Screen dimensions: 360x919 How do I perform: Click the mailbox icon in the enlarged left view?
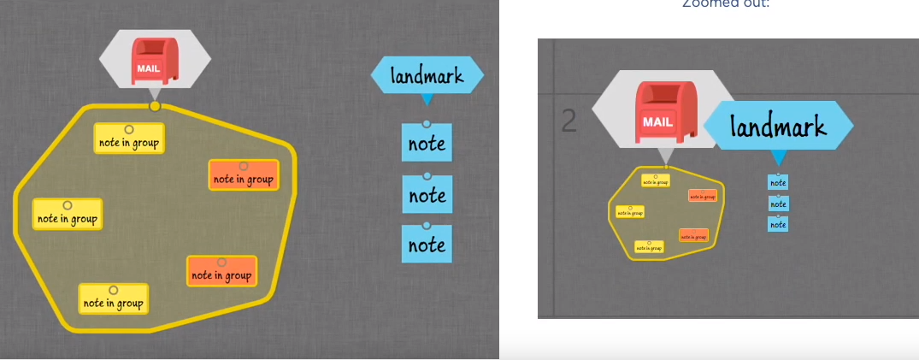tap(155, 62)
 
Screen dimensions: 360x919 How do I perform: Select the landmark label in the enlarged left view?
tap(427, 75)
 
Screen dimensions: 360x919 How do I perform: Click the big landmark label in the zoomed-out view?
tap(778, 126)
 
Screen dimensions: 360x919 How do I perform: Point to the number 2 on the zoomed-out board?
tap(568, 121)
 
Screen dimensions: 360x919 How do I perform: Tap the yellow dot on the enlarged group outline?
tap(155, 106)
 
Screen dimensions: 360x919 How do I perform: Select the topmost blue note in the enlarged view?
tap(427, 143)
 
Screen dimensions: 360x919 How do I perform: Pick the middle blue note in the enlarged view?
tap(427, 195)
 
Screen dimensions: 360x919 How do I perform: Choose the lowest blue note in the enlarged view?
tap(427, 245)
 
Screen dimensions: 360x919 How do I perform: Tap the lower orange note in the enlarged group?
tap(221, 272)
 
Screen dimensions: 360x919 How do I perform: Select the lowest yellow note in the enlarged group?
tap(114, 299)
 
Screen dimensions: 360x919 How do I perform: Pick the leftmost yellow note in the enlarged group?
tap(68, 215)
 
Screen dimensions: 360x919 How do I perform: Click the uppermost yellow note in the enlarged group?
tap(129, 139)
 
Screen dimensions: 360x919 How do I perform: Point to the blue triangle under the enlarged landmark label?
tap(427, 99)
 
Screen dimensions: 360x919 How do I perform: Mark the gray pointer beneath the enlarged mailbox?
tap(155, 93)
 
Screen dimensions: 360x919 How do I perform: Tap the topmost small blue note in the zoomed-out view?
tap(778, 181)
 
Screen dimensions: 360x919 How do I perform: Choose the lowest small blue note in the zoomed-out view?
tap(778, 224)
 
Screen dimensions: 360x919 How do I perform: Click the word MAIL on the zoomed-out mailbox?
tap(657, 121)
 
